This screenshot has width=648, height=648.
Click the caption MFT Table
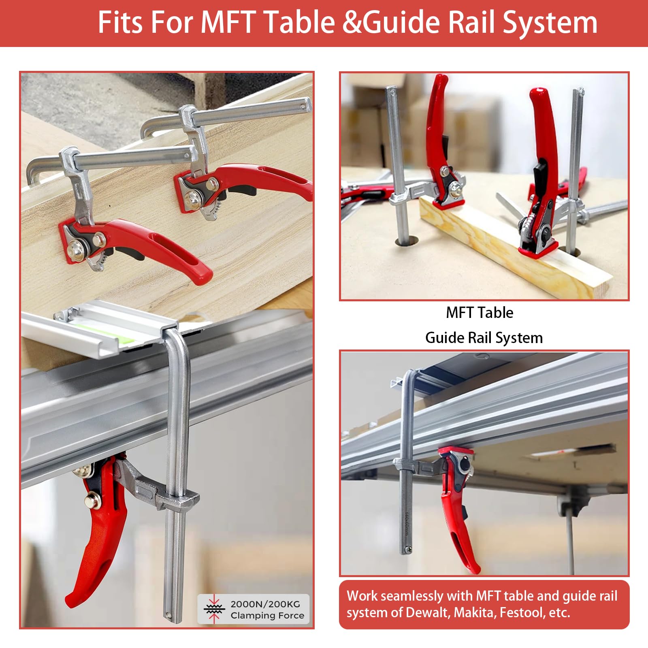480,313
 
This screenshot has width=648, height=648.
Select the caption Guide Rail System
484,338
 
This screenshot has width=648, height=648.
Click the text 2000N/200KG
265,604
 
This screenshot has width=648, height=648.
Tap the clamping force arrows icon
214,609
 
